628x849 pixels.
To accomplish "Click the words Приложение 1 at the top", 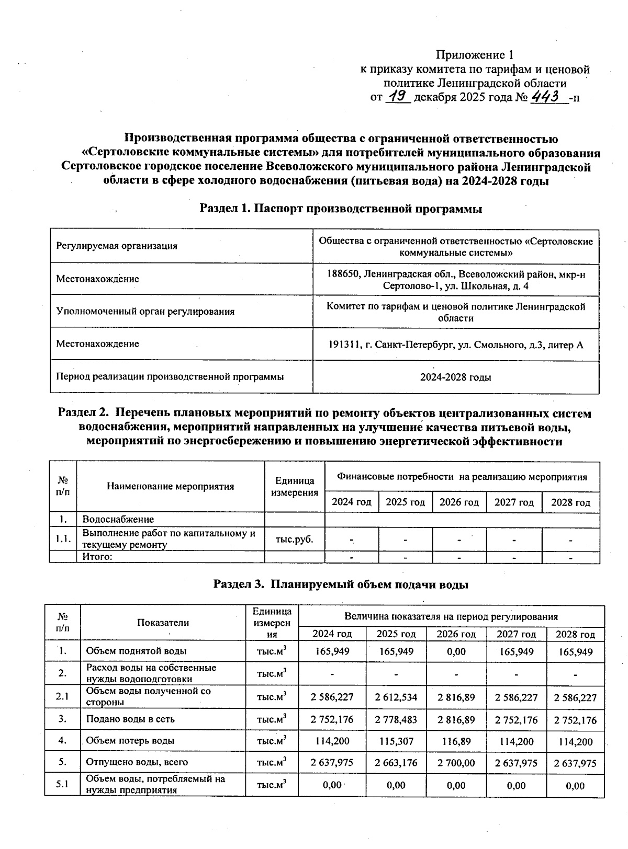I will tap(475, 55).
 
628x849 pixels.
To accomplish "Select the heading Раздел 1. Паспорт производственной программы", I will tap(341, 209).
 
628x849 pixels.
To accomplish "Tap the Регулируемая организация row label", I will tap(117, 246).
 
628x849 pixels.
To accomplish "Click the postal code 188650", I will tap(343, 274).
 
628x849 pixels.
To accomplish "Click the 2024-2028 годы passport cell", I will tap(455, 377).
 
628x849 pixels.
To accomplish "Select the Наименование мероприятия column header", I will tap(170, 486).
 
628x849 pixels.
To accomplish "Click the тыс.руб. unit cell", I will tap(294, 539).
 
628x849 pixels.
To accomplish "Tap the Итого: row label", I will tap(98, 556).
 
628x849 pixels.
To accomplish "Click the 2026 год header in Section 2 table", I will tap(459, 502).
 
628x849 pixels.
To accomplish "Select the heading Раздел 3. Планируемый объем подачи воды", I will tap(341, 584).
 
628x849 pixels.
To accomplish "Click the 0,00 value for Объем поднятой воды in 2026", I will tap(456, 652).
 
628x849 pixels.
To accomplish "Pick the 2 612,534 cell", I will tap(396, 697).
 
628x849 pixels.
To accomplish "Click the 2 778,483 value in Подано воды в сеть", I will tap(396, 720).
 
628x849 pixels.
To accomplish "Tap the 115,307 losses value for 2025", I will tap(396, 741).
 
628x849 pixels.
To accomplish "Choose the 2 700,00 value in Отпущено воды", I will tap(456, 763).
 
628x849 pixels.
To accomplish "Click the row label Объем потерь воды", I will tap(130, 741).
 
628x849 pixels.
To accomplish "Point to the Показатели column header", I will tap(163, 622).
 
